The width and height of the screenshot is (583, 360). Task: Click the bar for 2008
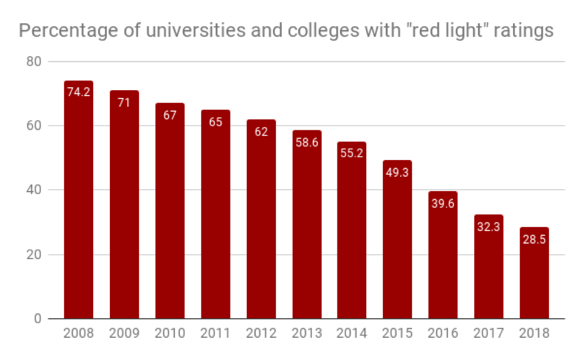pos(78,200)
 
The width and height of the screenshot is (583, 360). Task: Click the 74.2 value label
pos(78,92)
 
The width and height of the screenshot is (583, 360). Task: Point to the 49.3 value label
pos(397,172)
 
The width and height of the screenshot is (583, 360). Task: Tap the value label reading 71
pos(124,102)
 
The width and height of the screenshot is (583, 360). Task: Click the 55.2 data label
pos(352,153)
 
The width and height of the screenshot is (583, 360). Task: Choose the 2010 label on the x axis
pos(170,334)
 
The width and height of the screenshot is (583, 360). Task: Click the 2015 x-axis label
pos(397,334)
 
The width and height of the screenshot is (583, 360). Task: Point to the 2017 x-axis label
pos(489,334)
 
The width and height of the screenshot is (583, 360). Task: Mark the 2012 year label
pos(261,334)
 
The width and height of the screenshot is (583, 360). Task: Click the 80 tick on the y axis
pos(34,61)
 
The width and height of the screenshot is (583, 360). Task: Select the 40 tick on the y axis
pos(34,190)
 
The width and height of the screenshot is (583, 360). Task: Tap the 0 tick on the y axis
pos(38,319)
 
